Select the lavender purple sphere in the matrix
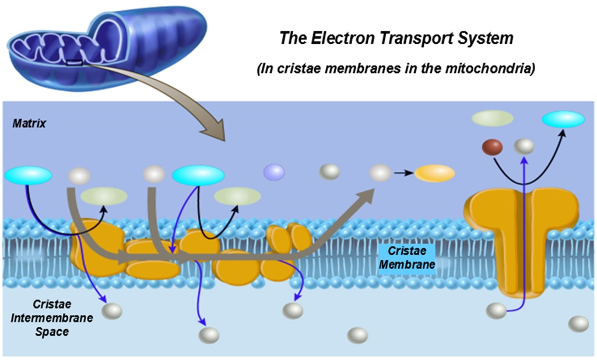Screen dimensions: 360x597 pyautogui.click(x=274, y=172)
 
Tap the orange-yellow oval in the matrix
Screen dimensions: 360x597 pyautogui.click(x=434, y=173)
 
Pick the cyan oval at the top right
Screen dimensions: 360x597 pyautogui.click(x=563, y=119)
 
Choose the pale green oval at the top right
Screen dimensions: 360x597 pyautogui.click(x=493, y=118)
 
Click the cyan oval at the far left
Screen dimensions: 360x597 pyautogui.click(x=28, y=175)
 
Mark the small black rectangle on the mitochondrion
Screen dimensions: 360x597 pyautogui.click(x=75, y=62)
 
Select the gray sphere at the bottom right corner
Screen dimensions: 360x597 pyautogui.click(x=578, y=324)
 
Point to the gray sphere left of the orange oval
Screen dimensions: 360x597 pyautogui.click(x=380, y=172)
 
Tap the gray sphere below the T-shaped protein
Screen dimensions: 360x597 pyautogui.click(x=496, y=310)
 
